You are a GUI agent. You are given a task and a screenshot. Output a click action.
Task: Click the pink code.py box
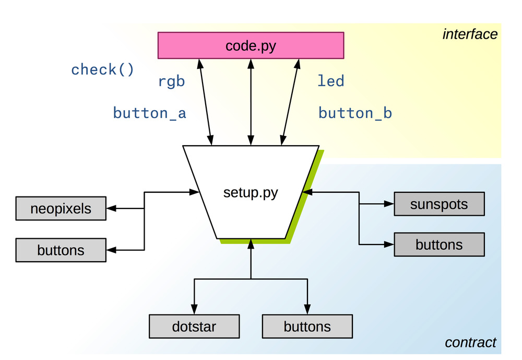pyautogui.click(x=251, y=45)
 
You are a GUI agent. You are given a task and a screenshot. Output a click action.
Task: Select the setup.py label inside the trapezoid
pyautogui.click(x=251, y=192)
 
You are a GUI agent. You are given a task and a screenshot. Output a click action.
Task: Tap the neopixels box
pyautogui.click(x=61, y=208)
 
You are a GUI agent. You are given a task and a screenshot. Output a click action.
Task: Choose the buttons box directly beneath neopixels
pyautogui.click(x=61, y=250)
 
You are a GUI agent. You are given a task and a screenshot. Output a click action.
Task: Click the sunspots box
pyautogui.click(x=439, y=204)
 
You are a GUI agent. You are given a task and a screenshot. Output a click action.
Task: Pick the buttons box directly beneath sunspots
pyautogui.click(x=439, y=245)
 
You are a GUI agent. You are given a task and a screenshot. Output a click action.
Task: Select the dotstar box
pyautogui.click(x=194, y=327)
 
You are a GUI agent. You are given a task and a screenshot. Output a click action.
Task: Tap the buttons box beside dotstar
pyautogui.click(x=307, y=327)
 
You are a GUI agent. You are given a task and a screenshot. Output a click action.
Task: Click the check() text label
pyautogui.click(x=103, y=69)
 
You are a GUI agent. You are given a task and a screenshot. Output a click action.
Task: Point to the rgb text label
pyautogui.click(x=172, y=82)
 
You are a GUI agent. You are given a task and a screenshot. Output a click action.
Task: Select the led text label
pyautogui.click(x=331, y=81)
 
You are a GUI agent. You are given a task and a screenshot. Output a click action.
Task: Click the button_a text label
pyautogui.click(x=149, y=113)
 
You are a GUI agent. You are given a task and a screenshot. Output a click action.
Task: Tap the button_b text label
pyautogui.click(x=355, y=113)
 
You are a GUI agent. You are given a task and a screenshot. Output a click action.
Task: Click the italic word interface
pyautogui.click(x=470, y=34)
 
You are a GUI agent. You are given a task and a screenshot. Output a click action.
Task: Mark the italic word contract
pyautogui.click(x=470, y=343)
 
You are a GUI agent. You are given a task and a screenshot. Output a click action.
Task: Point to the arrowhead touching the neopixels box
pyautogui.click(x=111, y=208)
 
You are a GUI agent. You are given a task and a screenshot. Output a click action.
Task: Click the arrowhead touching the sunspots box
pyautogui.click(x=389, y=204)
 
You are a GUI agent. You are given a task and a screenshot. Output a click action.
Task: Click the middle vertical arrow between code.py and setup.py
pyautogui.click(x=251, y=102)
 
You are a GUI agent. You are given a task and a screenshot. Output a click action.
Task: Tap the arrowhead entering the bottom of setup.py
pyautogui.click(x=251, y=243)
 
